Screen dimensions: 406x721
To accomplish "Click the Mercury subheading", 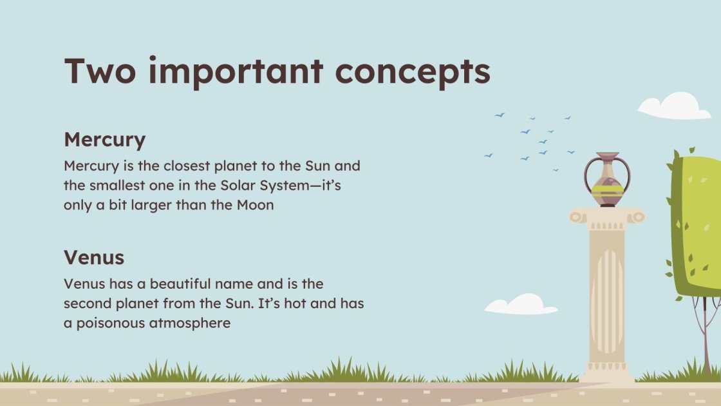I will pyautogui.click(x=104, y=140).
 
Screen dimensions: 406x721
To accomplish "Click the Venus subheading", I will pyautogui.click(x=93, y=258).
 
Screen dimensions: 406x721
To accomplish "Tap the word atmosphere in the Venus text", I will pyautogui.click(x=190, y=323).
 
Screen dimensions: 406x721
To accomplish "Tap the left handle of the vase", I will pyautogui.click(x=589, y=174).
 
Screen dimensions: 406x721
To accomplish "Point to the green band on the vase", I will pyautogui.click(x=607, y=191).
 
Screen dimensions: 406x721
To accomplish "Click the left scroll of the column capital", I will pyautogui.click(x=577, y=217).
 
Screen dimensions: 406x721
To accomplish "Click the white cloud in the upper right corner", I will pyautogui.click(x=675, y=107).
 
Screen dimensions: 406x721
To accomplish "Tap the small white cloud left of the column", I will pyautogui.click(x=521, y=305).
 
